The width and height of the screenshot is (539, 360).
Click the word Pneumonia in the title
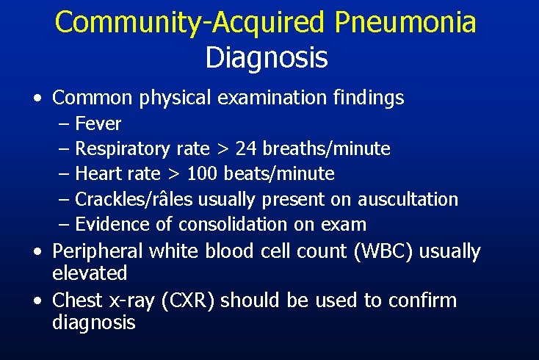tap(405, 23)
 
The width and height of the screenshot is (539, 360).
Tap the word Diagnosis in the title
tap(267, 57)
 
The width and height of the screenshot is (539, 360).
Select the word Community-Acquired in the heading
tap(189, 23)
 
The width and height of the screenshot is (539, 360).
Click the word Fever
tap(98, 123)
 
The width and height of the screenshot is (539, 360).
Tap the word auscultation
tap(408, 199)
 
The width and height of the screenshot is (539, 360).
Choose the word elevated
tap(90, 273)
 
